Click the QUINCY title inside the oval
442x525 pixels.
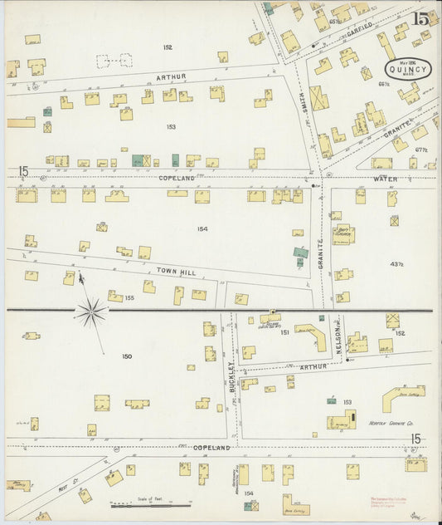click(407, 70)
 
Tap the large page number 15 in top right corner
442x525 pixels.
click(422, 17)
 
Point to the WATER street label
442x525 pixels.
click(384, 179)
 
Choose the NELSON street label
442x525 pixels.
click(340, 341)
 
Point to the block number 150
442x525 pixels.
click(127, 356)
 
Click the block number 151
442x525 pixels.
click(284, 332)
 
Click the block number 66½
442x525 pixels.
click(384, 84)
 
